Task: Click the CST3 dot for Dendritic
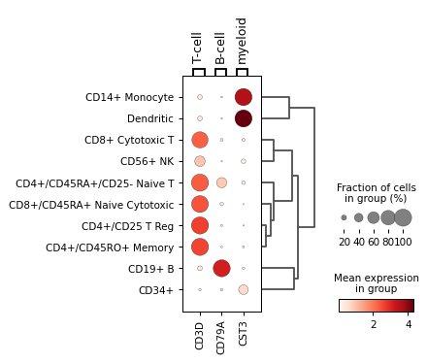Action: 243,118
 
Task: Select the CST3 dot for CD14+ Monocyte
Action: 243,97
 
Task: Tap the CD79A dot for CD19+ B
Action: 221,268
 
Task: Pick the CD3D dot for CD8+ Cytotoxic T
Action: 200,140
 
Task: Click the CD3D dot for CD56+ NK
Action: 200,161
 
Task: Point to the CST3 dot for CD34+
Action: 243,289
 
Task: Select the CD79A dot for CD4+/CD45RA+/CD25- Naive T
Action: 221,182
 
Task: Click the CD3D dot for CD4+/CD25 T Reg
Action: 200,225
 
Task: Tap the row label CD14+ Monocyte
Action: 129,97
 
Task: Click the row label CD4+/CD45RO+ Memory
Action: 110,247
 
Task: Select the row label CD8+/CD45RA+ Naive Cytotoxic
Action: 91,205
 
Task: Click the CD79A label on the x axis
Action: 221,335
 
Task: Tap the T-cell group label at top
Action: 198,48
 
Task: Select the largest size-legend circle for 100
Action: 403,217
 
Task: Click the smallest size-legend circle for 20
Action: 345,217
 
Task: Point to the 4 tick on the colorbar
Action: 409,323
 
